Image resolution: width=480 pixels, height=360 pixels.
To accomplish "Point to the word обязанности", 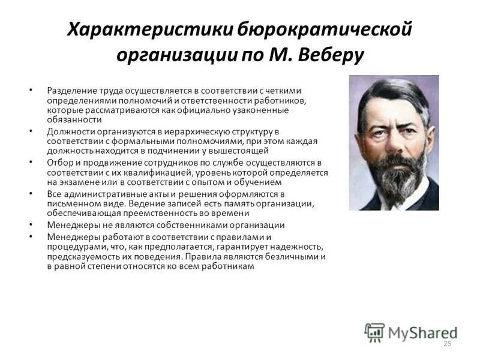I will (71, 119).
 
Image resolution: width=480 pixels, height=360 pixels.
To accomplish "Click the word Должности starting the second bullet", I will (69, 131).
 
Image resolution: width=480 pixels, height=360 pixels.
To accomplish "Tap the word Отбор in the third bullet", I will (58, 163).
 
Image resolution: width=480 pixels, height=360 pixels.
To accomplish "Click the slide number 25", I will (446, 343).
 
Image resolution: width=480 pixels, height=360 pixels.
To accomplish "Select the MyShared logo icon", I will (374, 332).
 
